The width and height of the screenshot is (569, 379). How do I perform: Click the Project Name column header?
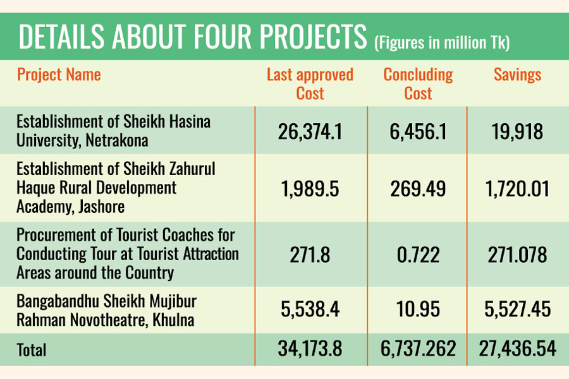59,75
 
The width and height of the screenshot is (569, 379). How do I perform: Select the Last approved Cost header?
310,84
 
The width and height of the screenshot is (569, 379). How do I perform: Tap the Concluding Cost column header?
418,84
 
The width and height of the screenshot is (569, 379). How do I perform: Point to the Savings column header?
517,75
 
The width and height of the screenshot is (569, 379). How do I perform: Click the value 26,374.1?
310,131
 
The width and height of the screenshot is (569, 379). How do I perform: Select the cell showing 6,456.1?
418,131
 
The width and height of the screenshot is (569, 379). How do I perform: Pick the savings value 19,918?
517,131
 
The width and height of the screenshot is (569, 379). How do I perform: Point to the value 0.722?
418,255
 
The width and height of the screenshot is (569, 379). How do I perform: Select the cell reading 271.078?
517,255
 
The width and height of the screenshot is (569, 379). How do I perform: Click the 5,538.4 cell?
310,310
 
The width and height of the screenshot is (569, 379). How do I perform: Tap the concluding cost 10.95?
418,310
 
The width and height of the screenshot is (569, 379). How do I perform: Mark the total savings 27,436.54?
517,349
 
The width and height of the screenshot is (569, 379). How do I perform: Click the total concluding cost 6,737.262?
418,349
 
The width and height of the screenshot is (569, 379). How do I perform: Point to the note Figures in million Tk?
442,43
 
